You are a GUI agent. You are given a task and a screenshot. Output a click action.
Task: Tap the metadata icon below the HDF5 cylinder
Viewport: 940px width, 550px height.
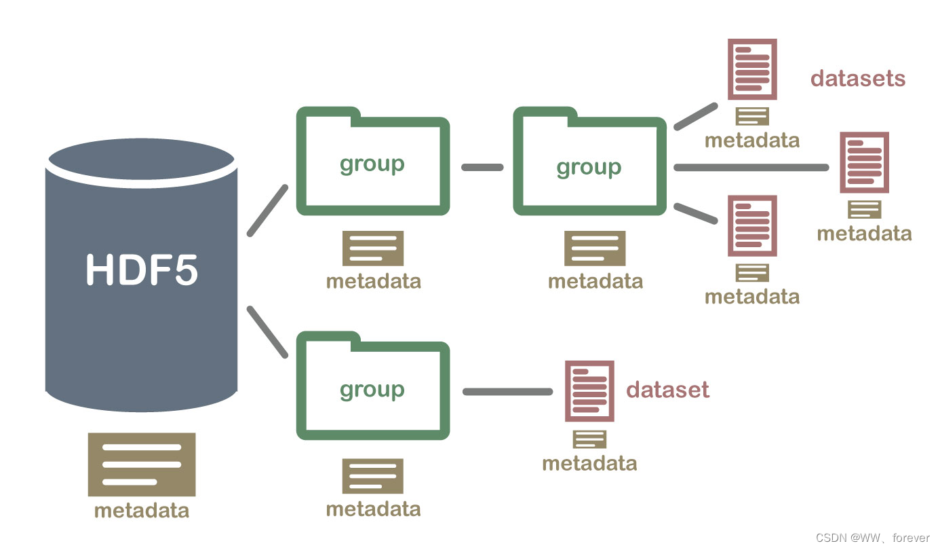click(142, 464)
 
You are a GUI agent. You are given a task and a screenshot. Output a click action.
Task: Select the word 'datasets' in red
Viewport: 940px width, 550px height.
click(858, 78)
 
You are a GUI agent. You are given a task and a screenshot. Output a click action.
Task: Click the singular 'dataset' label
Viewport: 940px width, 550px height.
click(667, 390)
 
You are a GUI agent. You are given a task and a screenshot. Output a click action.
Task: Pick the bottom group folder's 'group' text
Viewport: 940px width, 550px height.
click(372, 389)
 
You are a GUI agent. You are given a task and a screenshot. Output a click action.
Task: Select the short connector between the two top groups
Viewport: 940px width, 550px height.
click(482, 167)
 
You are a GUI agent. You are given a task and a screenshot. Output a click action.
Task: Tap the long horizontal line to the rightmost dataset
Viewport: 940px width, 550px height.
click(751, 168)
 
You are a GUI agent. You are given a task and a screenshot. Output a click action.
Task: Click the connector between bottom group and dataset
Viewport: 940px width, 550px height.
click(507, 392)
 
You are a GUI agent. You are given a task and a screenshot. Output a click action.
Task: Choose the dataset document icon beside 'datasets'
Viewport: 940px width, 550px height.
click(752, 69)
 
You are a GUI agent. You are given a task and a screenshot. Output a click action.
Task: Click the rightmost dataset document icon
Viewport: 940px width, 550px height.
click(864, 162)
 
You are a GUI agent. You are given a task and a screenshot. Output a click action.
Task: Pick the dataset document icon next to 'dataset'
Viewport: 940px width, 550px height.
click(589, 391)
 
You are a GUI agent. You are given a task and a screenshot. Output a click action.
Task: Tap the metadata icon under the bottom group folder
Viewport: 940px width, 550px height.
click(372, 476)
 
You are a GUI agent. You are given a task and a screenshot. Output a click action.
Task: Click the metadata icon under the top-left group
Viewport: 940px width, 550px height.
click(372, 248)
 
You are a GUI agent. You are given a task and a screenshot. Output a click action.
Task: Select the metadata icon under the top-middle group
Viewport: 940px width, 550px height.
click(595, 248)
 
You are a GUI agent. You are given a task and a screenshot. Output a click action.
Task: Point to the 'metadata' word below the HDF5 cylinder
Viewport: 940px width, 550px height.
click(142, 510)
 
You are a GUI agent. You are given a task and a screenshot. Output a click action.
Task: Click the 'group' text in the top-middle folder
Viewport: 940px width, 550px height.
click(589, 167)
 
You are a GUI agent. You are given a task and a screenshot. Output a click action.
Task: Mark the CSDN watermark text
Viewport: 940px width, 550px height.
click(872, 538)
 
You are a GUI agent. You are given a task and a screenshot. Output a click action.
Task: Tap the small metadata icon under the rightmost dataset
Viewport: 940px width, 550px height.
click(864, 209)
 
